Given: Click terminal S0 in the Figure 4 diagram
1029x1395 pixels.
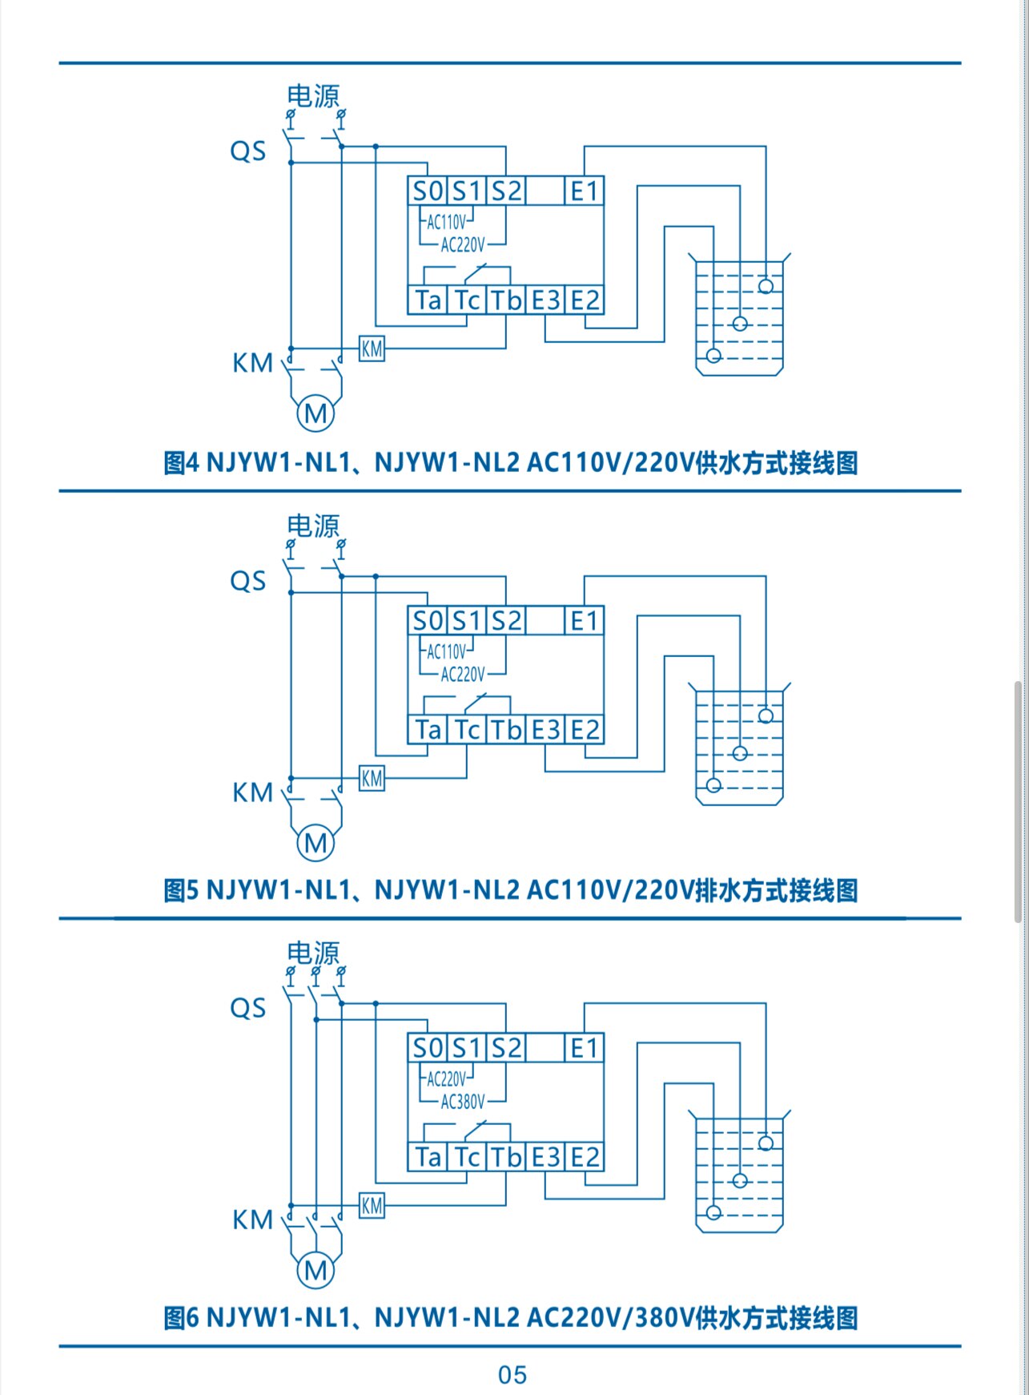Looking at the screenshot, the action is coord(427,191).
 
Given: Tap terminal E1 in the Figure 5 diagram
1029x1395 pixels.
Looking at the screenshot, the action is coord(584,621).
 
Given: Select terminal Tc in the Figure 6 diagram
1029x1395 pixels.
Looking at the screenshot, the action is coord(467,1157).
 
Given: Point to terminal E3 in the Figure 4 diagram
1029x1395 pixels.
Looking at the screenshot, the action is coord(545,300).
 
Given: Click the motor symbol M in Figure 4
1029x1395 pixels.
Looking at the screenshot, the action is coord(316,413).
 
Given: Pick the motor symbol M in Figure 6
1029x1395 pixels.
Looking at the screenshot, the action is coord(316,1270).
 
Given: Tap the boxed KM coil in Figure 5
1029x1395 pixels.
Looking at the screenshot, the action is coord(372,778).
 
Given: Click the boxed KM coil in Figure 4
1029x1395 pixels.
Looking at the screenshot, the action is coord(372,349).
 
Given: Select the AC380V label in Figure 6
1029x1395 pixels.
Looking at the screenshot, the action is coord(463,1102).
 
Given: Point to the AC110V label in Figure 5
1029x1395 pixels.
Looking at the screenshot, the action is coord(446,651).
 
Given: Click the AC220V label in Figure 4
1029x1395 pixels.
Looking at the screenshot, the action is coord(463,244).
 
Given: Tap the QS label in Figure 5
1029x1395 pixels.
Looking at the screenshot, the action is coord(248,581).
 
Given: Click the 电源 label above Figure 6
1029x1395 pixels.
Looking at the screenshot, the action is coord(313,953).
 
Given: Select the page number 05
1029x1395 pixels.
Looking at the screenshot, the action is coord(512,1375).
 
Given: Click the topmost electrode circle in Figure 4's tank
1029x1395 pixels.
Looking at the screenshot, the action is coord(766,286).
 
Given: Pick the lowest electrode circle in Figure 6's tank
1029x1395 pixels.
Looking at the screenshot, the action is coord(713,1212).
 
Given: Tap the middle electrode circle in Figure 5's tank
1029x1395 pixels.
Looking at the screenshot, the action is coord(740,753).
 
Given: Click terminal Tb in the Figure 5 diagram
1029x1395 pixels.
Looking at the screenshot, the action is coord(506,730).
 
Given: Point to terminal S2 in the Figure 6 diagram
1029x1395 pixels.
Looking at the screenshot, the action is coord(506,1048).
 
